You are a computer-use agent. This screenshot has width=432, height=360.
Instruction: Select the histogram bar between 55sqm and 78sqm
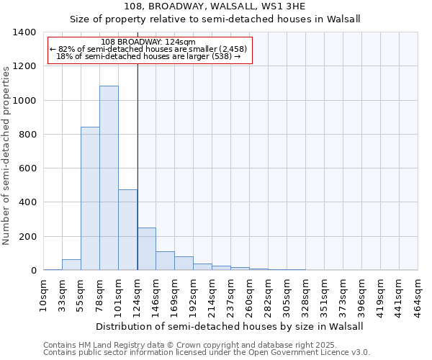tap(90, 199)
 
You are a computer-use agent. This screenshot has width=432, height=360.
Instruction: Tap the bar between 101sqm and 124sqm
tap(127, 230)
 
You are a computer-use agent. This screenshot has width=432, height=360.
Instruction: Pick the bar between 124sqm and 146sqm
tap(146, 249)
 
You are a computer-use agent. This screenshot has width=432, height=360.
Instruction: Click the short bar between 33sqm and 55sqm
tap(71, 265)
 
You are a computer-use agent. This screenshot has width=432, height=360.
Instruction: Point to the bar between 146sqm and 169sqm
tap(165, 261)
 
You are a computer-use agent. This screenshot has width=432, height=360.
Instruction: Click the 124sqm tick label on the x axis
tap(138, 293)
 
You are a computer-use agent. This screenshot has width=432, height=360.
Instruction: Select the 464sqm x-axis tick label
tap(418, 293)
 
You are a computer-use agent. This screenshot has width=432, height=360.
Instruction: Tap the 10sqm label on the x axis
tap(44, 293)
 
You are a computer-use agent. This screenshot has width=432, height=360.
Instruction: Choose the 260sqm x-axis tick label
tap(250, 293)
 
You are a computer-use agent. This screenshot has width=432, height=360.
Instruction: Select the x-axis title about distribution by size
tap(230, 326)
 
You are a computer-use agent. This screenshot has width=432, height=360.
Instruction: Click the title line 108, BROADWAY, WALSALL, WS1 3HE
tap(215, 7)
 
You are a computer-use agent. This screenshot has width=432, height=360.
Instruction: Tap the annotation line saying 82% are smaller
tap(148, 49)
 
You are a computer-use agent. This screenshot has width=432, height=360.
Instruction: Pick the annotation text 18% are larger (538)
tap(148, 56)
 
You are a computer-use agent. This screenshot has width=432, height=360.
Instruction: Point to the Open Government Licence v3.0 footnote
tap(207, 352)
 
